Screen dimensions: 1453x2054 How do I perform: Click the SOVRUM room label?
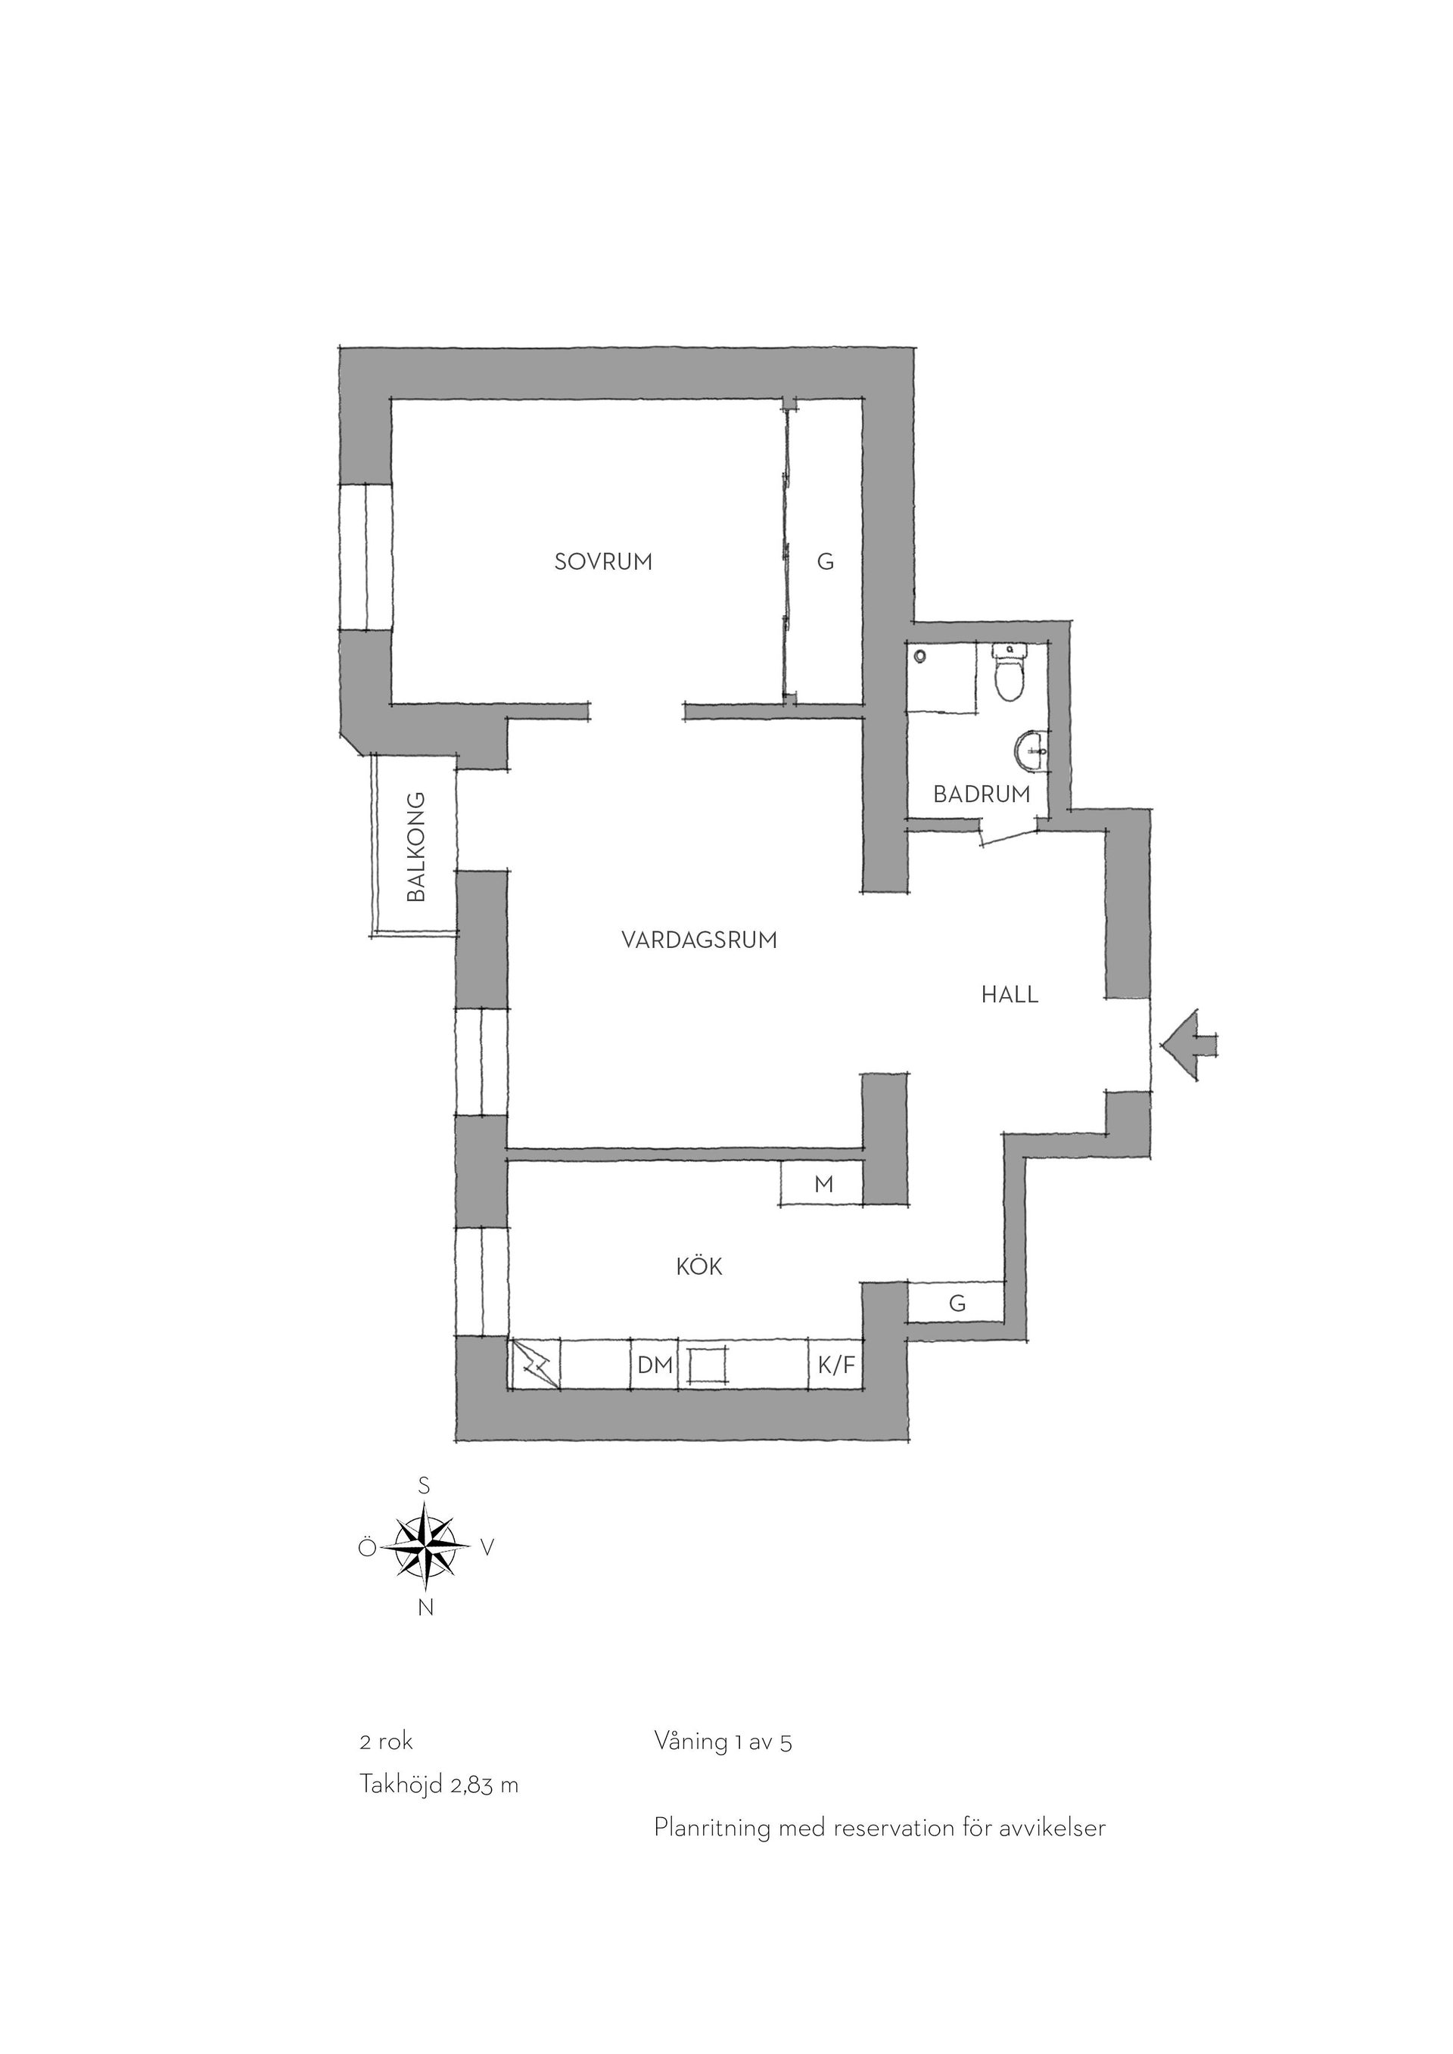tap(603, 562)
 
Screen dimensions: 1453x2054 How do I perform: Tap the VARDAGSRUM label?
tap(698, 940)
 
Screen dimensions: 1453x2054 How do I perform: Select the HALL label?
tap(1010, 995)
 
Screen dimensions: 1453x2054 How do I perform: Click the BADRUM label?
tap(982, 794)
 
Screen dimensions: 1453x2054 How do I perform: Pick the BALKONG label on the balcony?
tap(416, 847)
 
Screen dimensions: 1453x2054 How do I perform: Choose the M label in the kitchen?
tap(824, 1185)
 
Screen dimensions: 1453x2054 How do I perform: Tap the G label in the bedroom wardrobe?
tap(825, 562)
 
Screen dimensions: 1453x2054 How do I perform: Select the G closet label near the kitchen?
tap(957, 1304)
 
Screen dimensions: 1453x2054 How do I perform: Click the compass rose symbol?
tap(425, 1546)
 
